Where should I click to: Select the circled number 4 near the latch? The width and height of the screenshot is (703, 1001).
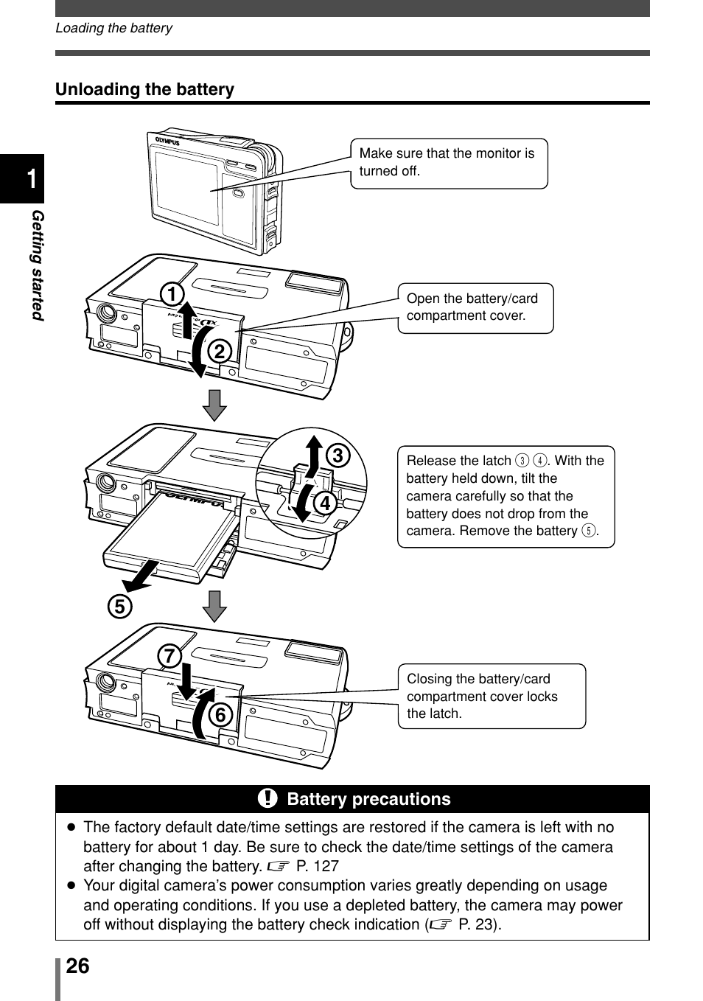click(323, 505)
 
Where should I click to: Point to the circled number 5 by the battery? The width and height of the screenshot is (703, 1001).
click(119, 607)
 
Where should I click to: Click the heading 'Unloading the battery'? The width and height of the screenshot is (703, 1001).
click(145, 89)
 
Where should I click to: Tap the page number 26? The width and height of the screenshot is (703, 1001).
click(77, 966)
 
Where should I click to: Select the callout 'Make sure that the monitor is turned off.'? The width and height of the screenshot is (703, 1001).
click(448, 163)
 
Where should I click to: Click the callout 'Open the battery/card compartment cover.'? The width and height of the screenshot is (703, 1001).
click(475, 307)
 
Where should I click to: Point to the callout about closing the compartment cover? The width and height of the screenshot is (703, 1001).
click(492, 696)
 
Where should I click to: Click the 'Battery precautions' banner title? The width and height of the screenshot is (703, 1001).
click(368, 799)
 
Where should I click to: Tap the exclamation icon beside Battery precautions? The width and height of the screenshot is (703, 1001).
click(267, 798)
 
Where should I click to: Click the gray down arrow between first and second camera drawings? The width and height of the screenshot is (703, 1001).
click(214, 405)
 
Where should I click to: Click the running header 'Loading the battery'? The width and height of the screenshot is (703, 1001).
click(113, 28)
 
